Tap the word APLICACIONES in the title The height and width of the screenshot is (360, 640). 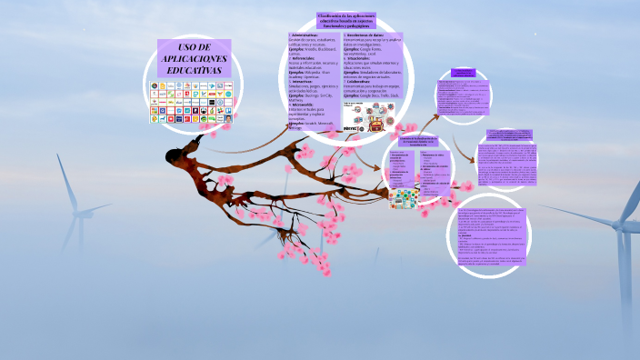click(195, 58)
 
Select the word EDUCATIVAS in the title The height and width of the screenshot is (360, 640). click(195, 69)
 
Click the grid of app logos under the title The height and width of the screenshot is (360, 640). click(191, 102)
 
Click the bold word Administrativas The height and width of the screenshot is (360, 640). click(306, 35)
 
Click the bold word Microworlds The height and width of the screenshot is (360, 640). click(303, 105)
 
